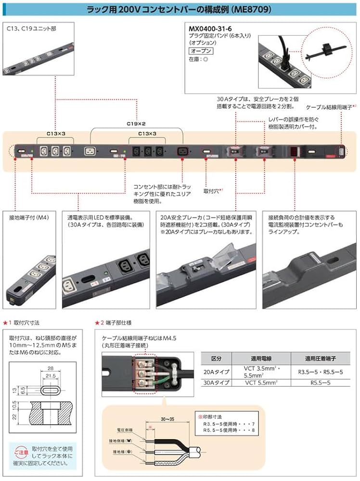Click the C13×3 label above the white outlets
pos(56,133)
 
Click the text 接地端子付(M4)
pos(28,217)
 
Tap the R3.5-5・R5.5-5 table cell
pos(320,372)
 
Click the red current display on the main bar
pos(293,151)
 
